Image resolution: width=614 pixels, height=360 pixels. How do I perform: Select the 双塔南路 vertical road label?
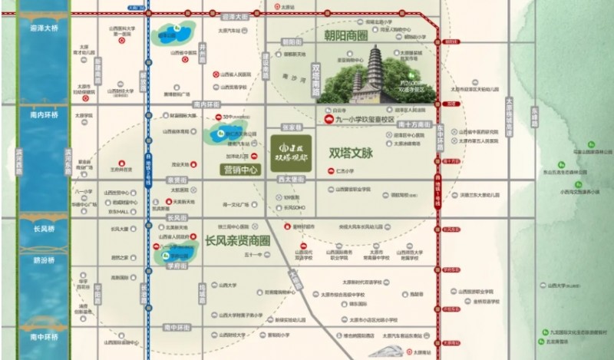coord(315,78)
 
